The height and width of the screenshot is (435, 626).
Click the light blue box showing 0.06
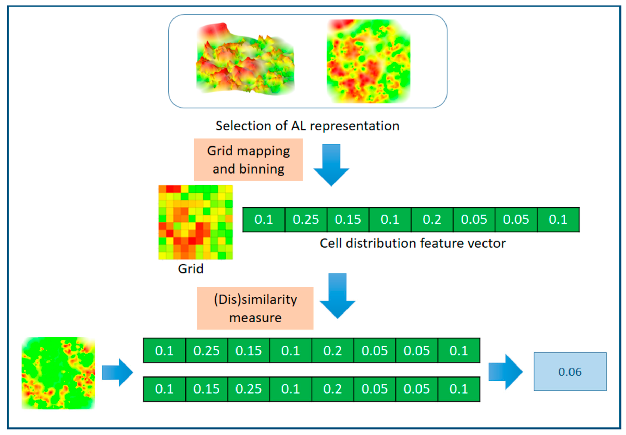coord(570,372)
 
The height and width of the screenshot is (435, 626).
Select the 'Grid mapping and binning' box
coord(248,160)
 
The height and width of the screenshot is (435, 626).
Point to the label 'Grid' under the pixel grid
coord(191,269)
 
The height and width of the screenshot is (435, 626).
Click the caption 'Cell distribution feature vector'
coord(413,243)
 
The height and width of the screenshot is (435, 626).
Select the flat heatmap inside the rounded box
coord(368,61)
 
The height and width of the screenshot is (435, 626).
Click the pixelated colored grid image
coord(195,222)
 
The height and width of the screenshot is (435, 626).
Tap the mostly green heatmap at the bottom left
coord(58,373)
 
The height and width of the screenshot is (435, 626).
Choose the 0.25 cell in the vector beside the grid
coord(306,220)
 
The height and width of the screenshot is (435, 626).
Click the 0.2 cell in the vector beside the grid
coord(432,220)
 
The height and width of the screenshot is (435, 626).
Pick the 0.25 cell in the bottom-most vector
coord(248,389)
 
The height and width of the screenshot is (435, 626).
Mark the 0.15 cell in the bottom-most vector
coord(206,389)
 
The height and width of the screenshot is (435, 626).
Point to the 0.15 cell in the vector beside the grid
coord(348,220)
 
